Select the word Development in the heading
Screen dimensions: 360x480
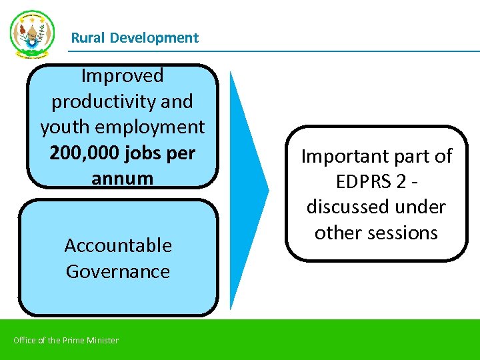coord(154,38)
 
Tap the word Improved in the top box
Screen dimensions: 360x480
coord(122,76)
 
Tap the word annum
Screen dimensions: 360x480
coord(122,179)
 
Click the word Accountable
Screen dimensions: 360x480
coord(118,246)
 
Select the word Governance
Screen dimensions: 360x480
coord(118,271)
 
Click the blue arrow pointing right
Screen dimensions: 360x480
coord(248,190)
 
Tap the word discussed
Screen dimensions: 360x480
coord(346,207)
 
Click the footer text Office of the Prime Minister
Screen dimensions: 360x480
coord(66,341)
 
